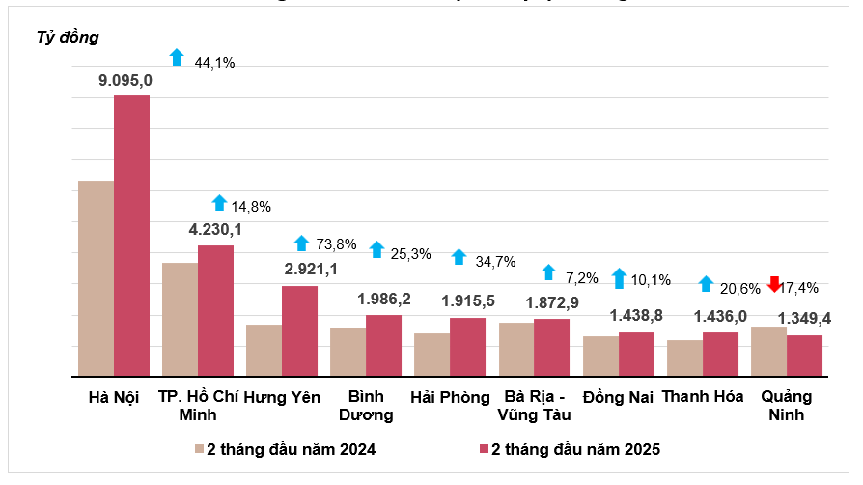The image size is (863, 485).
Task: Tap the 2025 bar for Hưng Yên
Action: tap(299, 330)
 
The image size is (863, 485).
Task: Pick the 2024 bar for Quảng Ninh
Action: tap(768, 352)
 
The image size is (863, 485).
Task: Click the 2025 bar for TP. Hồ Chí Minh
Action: tap(215, 310)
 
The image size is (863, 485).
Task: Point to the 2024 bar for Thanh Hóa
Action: tap(684, 357)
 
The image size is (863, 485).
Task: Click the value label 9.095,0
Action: tap(125, 80)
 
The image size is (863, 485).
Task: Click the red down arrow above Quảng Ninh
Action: tap(774, 284)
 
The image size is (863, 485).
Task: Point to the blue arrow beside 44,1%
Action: tap(176, 57)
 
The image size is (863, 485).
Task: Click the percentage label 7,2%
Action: tap(582, 277)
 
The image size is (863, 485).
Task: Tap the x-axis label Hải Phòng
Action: tap(450, 397)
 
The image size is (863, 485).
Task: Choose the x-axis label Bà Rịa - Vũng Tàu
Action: tap(534, 406)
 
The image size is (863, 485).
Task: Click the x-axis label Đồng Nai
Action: tap(618, 397)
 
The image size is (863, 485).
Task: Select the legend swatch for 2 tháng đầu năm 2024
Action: tap(199, 449)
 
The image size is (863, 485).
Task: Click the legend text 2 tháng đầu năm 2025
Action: tap(575, 449)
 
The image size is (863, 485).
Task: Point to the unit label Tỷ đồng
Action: tap(68, 38)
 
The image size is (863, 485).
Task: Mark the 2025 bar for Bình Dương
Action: tap(383, 345)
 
